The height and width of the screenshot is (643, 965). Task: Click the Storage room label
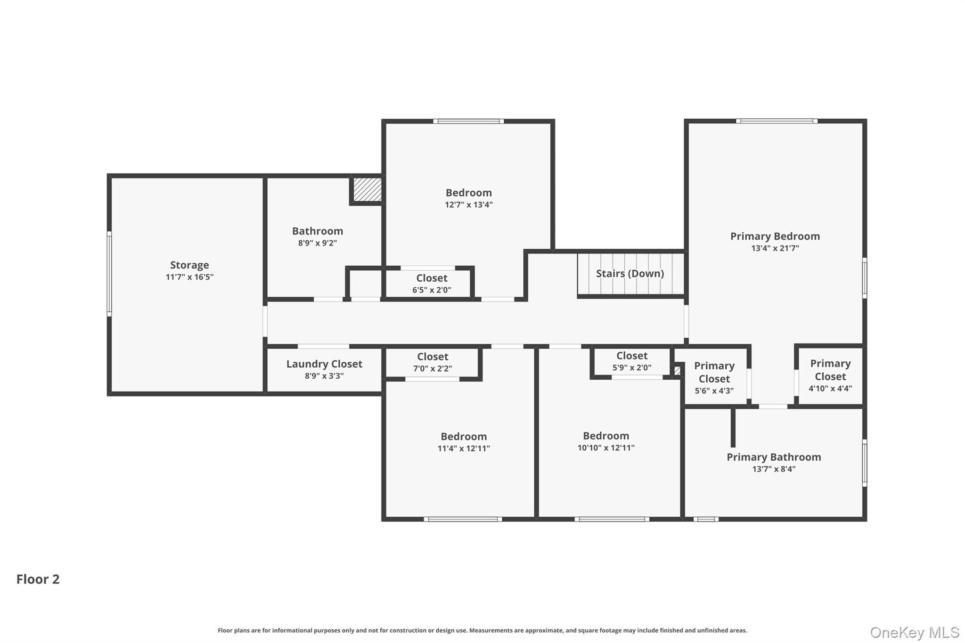click(189, 265)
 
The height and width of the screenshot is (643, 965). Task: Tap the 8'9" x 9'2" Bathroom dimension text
click(318, 243)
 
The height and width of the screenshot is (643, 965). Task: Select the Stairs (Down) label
click(630, 274)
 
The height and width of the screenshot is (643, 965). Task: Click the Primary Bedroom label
click(775, 236)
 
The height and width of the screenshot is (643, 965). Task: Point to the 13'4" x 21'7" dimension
click(775, 248)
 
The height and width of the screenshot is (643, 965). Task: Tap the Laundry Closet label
click(324, 364)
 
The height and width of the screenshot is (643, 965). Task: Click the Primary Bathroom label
click(774, 457)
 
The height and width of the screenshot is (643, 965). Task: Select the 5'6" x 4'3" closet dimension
click(714, 391)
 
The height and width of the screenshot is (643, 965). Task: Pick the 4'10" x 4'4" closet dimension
click(830, 389)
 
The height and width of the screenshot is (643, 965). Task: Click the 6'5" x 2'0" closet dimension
click(432, 290)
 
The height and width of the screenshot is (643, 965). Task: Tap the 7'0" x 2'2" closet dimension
click(433, 369)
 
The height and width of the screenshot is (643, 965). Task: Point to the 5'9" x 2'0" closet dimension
click(632, 368)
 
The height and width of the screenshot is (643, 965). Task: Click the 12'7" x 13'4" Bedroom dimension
click(469, 205)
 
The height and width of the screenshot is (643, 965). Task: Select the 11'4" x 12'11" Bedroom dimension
click(464, 448)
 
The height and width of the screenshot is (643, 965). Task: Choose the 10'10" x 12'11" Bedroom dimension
click(606, 448)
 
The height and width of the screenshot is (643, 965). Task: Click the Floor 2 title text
click(38, 579)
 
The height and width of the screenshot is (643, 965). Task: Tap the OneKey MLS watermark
click(914, 632)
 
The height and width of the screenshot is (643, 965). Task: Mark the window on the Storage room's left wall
click(109, 274)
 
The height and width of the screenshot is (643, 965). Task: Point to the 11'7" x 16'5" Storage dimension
click(189, 277)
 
